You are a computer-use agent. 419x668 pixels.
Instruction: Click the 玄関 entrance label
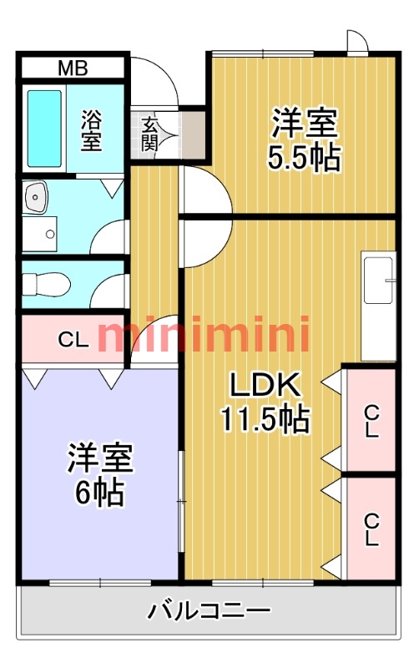[x=150, y=134]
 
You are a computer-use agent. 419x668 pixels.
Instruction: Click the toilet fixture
[x=47, y=285]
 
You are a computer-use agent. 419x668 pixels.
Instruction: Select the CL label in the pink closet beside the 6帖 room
[x=72, y=340]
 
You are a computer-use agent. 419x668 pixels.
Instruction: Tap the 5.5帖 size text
[x=304, y=158]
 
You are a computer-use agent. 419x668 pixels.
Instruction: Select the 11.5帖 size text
[x=265, y=417]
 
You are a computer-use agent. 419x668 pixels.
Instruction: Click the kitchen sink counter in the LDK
[x=378, y=306]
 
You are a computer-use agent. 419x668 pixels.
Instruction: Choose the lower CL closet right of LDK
[x=371, y=529]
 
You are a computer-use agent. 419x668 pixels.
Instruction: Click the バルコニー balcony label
[x=209, y=610]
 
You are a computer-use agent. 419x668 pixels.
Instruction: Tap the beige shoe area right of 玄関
[x=194, y=134]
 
